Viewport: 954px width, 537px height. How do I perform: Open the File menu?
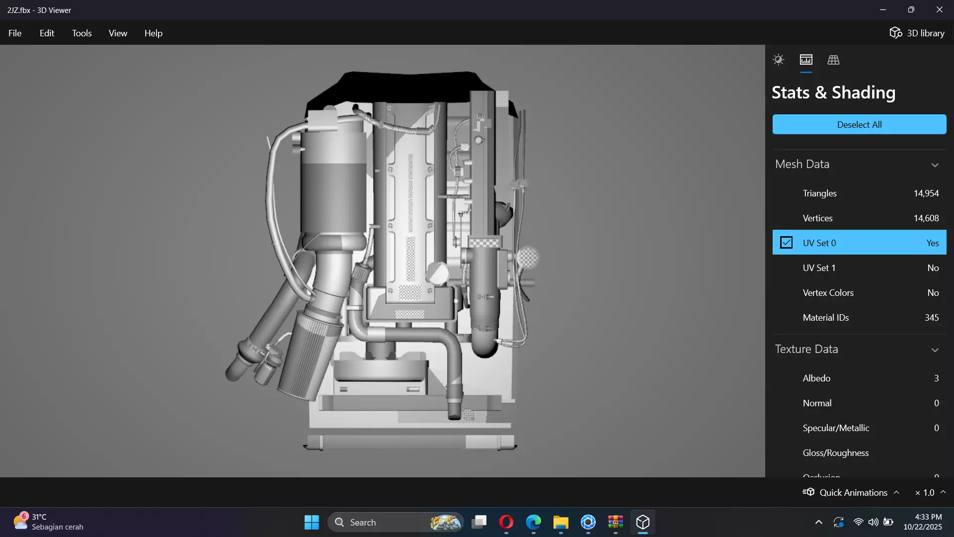tap(15, 33)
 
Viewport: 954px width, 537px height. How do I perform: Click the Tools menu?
tap(81, 33)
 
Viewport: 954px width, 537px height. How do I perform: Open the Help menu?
tap(153, 33)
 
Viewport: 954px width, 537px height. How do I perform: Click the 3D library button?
tap(917, 33)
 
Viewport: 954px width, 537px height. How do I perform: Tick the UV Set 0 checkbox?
tap(786, 243)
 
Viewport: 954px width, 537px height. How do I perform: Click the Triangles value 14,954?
tap(926, 193)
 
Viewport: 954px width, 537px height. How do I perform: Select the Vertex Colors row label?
tap(828, 293)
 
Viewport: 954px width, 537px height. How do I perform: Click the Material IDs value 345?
tap(931, 318)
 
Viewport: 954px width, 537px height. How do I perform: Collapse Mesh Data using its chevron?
tap(935, 165)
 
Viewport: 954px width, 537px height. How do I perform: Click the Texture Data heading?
tap(806, 349)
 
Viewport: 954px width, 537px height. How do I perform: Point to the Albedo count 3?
tap(936, 378)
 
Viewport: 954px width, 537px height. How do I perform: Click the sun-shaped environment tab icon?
tap(779, 60)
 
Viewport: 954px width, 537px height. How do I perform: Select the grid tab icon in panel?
tap(833, 60)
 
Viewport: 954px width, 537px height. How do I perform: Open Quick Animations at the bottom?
tap(853, 492)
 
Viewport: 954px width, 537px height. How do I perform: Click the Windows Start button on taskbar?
tap(312, 522)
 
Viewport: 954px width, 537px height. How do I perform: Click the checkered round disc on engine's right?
tap(528, 258)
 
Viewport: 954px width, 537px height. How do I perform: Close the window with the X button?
tap(939, 10)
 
